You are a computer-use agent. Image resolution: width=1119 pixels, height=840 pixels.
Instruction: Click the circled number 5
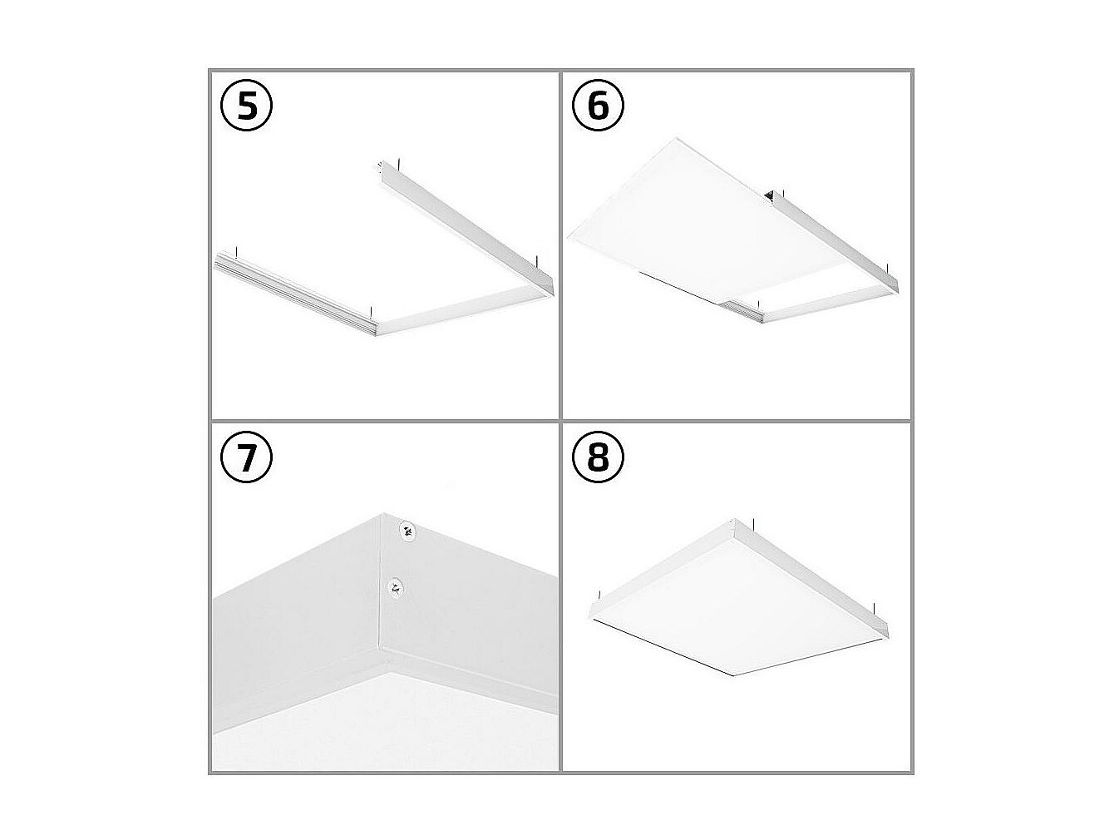246,105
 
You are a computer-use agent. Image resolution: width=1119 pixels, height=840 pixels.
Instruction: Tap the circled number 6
598,105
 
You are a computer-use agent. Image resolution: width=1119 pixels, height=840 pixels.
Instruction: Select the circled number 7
246,457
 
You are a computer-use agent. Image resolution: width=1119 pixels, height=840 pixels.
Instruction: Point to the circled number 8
598,457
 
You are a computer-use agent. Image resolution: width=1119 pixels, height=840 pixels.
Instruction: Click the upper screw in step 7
407,531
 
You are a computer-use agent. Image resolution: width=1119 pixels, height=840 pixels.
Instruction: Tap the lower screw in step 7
395,588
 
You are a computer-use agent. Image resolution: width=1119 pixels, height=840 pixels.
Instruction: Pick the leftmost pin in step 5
237,253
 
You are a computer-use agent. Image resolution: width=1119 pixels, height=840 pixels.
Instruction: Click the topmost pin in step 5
397,165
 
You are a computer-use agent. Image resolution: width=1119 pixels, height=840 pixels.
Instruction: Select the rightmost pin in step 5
537,260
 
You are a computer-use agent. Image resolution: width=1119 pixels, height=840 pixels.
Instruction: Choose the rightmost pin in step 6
888,269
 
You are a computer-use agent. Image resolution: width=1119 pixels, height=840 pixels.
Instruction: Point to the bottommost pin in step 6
759,305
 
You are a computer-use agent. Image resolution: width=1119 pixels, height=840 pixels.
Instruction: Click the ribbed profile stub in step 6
742,311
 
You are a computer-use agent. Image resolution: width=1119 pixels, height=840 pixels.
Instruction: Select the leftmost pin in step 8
599,595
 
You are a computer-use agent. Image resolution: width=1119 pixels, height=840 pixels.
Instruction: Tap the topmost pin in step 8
754,524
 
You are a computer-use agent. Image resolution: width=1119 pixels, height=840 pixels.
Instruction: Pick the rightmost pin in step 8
874,608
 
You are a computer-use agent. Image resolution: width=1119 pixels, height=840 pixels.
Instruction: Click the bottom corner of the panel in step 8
733,676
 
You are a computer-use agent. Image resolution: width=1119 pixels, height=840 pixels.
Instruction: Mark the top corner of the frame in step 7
383,513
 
